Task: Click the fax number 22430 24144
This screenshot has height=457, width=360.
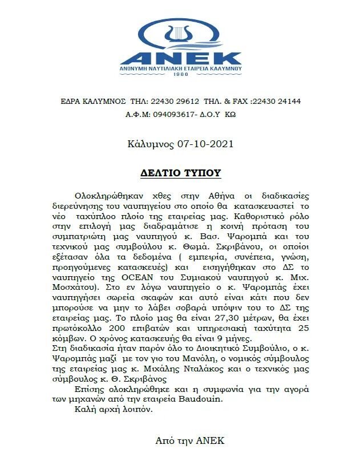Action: pos(277,102)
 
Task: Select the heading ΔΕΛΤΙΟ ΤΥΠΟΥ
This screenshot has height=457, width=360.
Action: pos(180,173)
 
